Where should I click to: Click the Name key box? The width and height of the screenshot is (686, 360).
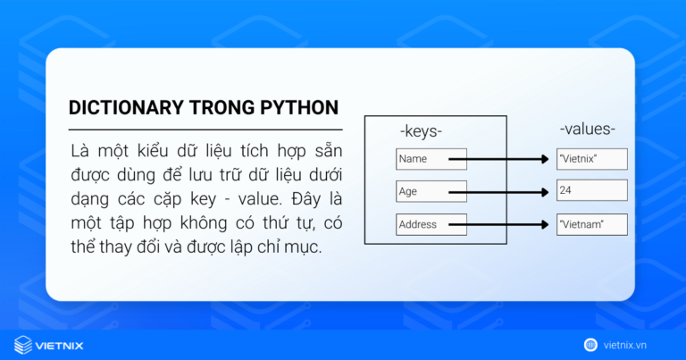(431, 159)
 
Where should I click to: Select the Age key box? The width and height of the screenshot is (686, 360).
(431, 190)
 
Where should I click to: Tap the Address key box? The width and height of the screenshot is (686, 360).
(431, 224)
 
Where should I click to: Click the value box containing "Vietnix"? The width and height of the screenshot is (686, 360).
(591, 159)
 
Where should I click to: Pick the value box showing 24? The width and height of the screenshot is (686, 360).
(591, 190)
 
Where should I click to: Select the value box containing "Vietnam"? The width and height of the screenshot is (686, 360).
(591, 224)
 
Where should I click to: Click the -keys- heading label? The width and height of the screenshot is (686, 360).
(421, 131)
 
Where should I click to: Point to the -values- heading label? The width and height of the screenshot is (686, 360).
(587, 130)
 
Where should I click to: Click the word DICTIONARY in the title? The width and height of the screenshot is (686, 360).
(125, 108)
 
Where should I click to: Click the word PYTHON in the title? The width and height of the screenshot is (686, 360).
(297, 108)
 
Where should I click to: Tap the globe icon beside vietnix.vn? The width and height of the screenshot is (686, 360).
(590, 344)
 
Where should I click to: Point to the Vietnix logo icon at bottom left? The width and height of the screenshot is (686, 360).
(22, 344)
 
